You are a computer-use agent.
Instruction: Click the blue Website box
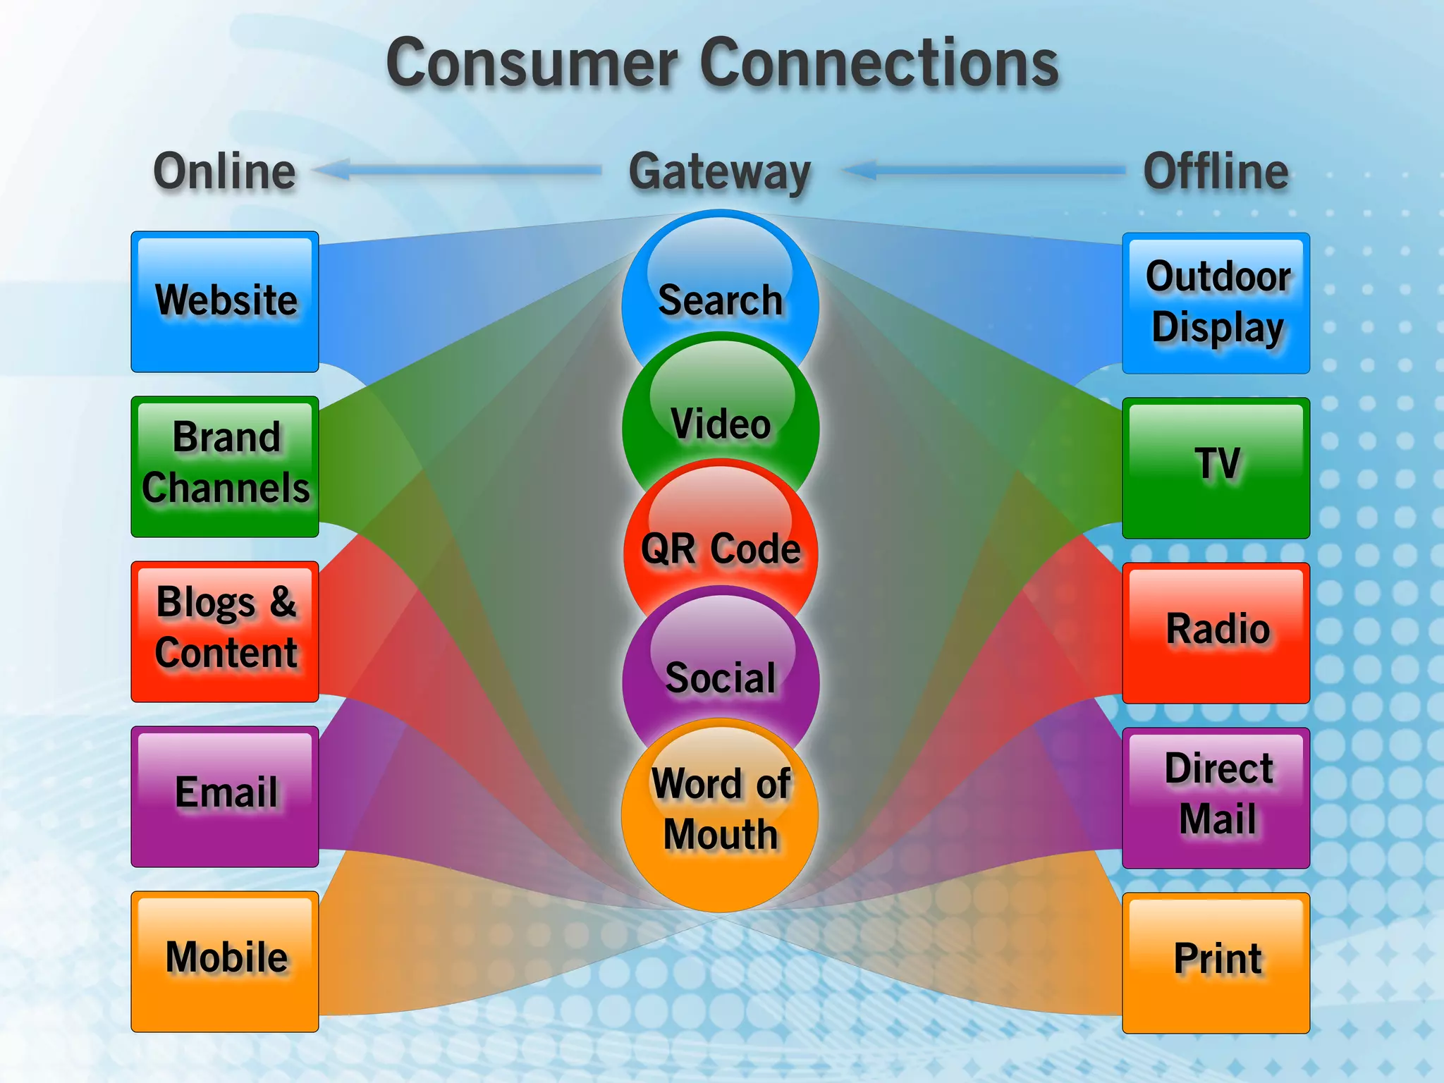coord(225,302)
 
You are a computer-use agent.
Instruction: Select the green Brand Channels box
coord(225,466)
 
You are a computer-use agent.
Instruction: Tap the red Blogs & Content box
coord(225,631)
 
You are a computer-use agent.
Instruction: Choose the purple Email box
coord(225,796)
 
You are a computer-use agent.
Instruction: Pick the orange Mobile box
coord(225,961)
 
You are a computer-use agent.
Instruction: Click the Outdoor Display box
coord(1216,303)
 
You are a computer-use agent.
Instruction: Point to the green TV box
coord(1216,467)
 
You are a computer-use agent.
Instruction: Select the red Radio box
coord(1216,632)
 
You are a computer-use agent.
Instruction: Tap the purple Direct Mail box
coord(1216,797)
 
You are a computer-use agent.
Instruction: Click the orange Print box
coord(1216,962)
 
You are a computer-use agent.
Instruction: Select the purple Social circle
coord(720,675)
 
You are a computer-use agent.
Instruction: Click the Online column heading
coord(225,171)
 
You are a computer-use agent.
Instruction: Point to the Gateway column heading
coord(720,173)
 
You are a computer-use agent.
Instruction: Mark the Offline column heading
coord(1216,171)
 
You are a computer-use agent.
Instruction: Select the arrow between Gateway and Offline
coord(984,170)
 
